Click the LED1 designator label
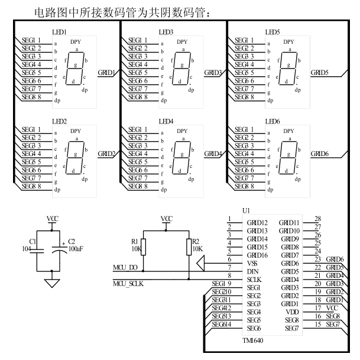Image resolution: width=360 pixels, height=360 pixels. click(60, 31)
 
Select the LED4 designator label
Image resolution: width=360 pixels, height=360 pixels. click(166, 121)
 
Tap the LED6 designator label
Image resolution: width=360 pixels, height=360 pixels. click(273, 121)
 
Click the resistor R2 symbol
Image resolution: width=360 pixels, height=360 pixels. click(189, 245)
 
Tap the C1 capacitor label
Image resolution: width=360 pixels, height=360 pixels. click(34, 242)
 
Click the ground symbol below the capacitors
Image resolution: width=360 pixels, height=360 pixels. click(53, 283)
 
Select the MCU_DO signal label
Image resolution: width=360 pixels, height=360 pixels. click(126, 268)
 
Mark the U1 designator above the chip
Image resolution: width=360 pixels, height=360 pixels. click(247, 210)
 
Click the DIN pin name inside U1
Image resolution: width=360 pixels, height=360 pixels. click(253, 271)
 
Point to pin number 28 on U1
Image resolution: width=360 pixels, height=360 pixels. click(317, 219)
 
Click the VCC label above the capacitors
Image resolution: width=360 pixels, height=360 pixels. click(53, 219)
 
